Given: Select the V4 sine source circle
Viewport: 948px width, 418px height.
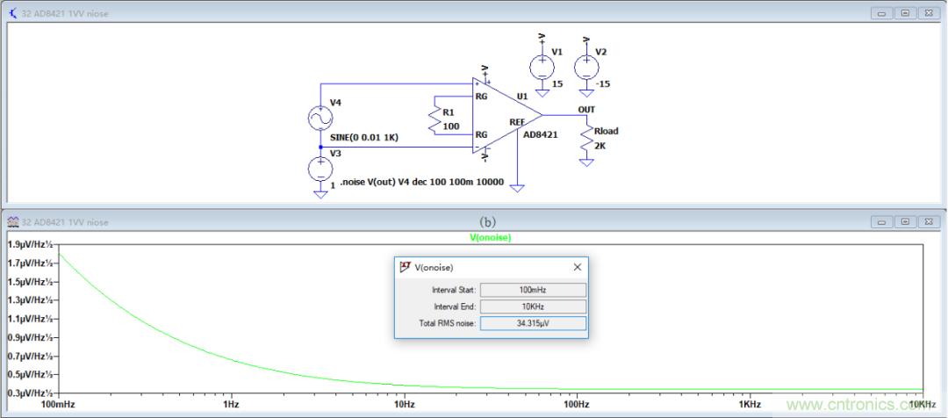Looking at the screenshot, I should tap(320, 118).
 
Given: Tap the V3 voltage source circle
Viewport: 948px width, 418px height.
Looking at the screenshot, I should tap(320, 168).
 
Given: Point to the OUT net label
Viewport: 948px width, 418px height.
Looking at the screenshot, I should tap(586, 110).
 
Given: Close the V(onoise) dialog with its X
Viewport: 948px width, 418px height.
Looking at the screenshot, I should tap(578, 267).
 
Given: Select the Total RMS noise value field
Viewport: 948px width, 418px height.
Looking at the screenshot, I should tap(533, 323).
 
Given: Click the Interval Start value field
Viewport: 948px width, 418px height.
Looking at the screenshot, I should tap(533, 289).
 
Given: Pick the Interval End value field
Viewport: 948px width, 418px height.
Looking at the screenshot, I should tap(533, 306).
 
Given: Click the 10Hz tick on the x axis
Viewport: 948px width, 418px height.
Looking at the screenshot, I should tap(404, 405).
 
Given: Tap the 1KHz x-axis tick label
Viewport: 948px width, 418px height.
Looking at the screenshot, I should tap(748, 405).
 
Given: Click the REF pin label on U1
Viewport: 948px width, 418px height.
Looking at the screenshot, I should tap(517, 122).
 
